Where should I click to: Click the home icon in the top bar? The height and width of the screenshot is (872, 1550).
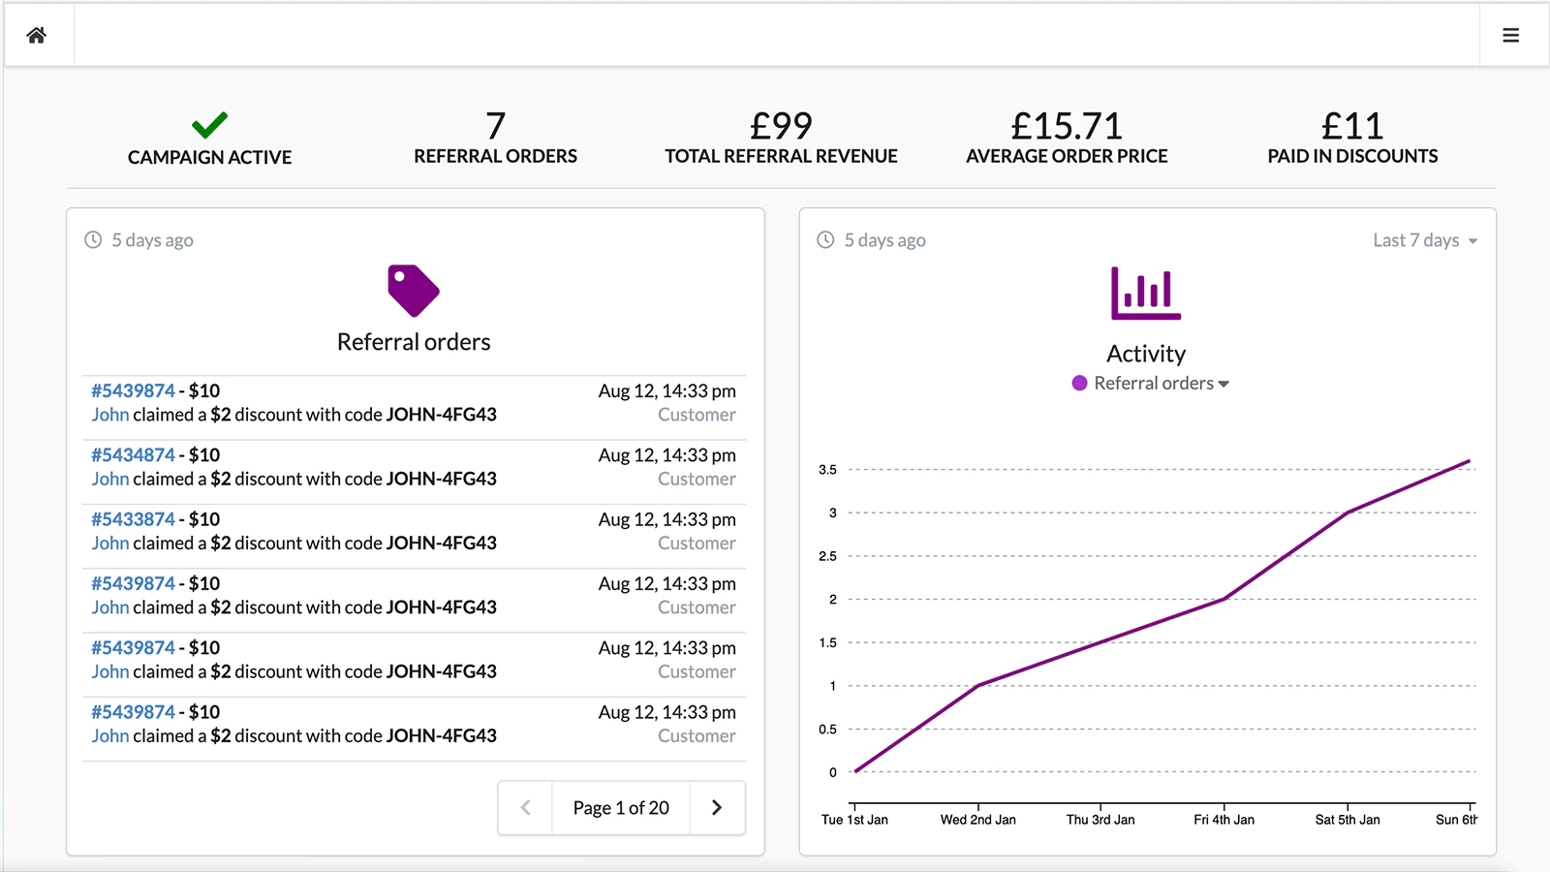pos(37,36)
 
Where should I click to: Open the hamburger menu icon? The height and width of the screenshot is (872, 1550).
pos(1510,36)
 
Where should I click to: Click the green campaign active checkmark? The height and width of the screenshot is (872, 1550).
pos(209,125)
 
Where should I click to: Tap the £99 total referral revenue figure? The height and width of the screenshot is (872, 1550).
pos(781,126)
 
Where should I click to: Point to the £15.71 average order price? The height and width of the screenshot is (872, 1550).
pos(1066,126)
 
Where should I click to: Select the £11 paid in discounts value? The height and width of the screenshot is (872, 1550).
pos(1352,126)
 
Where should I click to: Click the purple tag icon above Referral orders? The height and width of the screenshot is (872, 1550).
pos(414,291)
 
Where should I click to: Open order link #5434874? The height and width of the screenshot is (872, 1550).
pos(134,455)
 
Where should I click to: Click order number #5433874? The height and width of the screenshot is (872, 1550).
pos(134,519)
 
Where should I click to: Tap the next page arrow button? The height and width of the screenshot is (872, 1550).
pos(717,808)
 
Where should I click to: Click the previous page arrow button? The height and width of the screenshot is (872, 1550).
pos(525,808)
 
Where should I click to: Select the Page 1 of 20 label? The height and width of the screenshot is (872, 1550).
pos(621,808)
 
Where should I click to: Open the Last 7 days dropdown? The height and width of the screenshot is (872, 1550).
pos(1425,240)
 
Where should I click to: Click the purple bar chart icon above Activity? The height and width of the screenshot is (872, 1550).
pos(1146,293)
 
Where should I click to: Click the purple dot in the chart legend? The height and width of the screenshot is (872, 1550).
pos(1079,383)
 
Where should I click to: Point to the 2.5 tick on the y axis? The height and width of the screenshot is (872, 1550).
pos(827,556)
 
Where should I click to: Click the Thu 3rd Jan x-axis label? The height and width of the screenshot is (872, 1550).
pos(1100,820)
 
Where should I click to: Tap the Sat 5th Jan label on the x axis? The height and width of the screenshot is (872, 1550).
pos(1348,820)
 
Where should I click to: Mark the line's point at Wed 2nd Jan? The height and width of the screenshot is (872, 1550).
pos(978,685)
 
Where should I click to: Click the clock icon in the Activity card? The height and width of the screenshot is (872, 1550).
pos(825,240)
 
